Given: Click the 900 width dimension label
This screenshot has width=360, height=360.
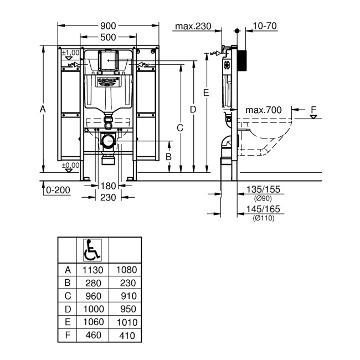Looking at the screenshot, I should (x=108, y=25).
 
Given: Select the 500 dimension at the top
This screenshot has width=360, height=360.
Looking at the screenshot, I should (x=108, y=37).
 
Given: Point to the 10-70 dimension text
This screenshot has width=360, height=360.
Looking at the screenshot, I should (x=265, y=25).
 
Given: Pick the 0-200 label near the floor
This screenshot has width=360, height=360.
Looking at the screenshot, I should (x=58, y=189).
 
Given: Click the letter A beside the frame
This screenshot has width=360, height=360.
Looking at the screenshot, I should (x=42, y=110).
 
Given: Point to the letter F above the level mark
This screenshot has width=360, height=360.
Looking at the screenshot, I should (x=314, y=110).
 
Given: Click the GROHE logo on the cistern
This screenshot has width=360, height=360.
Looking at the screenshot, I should (x=108, y=81).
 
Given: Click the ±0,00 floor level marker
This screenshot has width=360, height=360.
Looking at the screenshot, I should (x=69, y=166).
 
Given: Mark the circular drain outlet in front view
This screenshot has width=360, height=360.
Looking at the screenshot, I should (x=108, y=141).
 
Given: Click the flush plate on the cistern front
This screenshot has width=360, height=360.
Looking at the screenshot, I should (x=108, y=60).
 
